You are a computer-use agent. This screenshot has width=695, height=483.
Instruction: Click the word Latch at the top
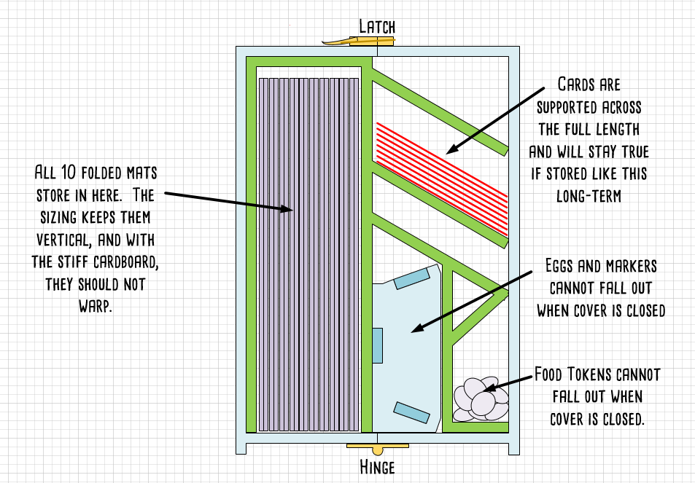click(376, 27)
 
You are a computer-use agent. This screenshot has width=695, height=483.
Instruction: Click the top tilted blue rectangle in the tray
click(412, 278)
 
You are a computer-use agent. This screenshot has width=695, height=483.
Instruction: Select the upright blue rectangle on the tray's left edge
click(377, 345)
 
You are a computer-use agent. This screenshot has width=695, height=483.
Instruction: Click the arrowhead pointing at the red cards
click(451, 149)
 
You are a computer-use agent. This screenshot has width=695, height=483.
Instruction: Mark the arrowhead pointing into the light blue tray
click(413, 331)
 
